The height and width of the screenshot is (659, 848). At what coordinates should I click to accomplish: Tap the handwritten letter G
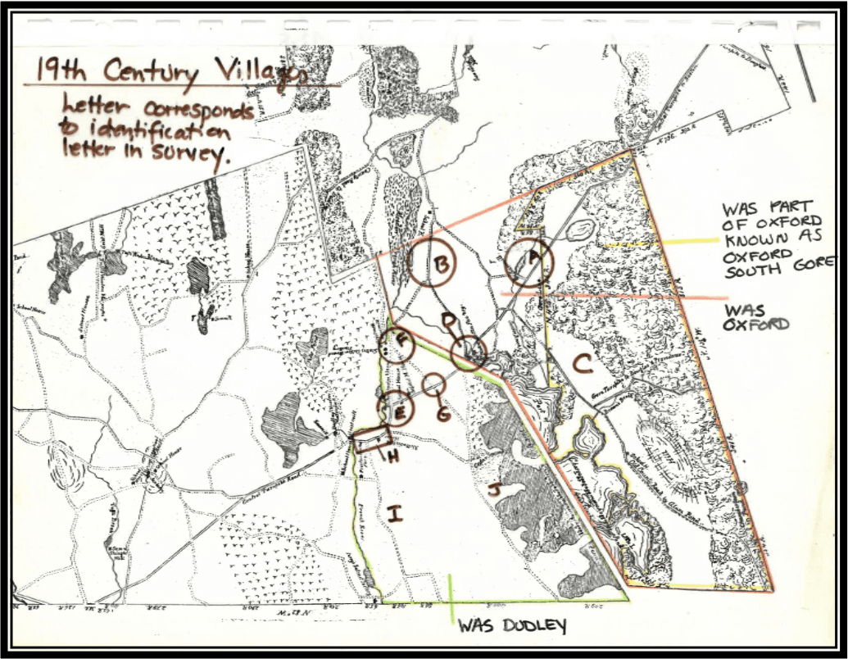click(443, 414)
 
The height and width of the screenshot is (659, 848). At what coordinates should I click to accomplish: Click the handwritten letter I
click(396, 514)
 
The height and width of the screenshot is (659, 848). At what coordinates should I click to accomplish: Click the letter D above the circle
click(447, 319)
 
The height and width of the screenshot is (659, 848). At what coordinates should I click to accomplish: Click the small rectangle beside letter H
click(370, 441)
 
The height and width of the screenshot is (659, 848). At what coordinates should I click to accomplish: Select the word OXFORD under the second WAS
click(755, 324)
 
